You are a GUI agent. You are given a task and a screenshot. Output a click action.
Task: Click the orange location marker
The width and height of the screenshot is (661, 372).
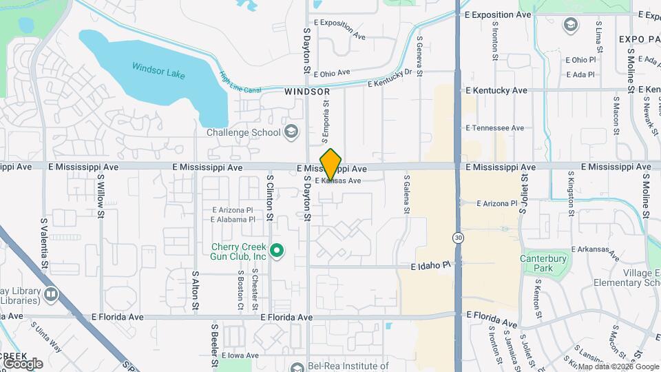331,164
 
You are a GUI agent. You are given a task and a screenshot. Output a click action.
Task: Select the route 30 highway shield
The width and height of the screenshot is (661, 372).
458,238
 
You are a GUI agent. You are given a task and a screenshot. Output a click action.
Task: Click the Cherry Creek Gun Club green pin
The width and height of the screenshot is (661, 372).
277,251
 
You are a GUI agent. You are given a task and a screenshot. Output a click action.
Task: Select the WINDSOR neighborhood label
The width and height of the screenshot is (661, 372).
307,91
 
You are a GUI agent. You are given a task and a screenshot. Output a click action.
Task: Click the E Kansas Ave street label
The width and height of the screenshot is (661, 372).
338,181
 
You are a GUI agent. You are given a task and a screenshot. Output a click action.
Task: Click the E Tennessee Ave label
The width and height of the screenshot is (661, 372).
495,128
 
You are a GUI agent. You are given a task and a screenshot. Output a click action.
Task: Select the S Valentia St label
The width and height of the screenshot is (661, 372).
44,243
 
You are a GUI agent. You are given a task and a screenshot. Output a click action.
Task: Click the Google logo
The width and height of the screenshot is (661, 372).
23,364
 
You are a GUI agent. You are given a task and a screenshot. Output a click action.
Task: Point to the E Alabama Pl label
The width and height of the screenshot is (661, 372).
233,220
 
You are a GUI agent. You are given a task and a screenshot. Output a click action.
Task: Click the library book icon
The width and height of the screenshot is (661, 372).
51,295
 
